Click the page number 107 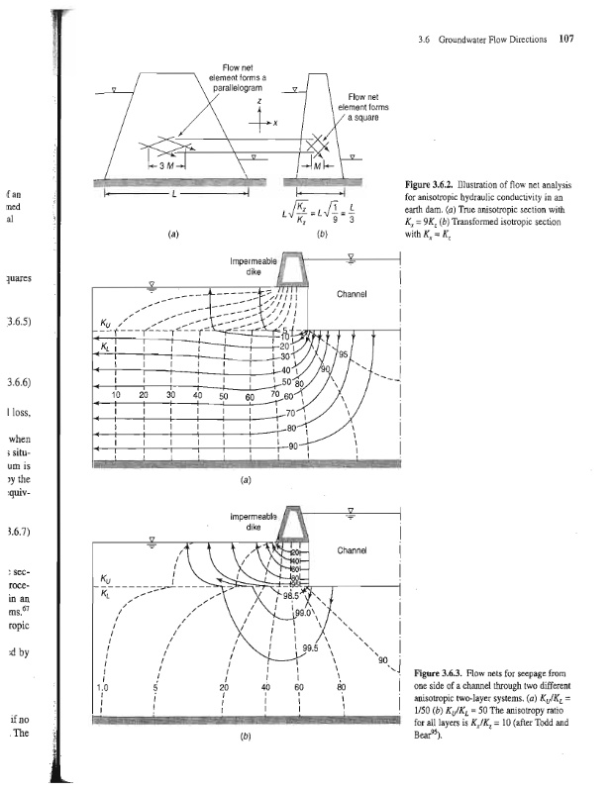[x=566, y=41]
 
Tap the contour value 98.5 [x=293, y=596]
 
